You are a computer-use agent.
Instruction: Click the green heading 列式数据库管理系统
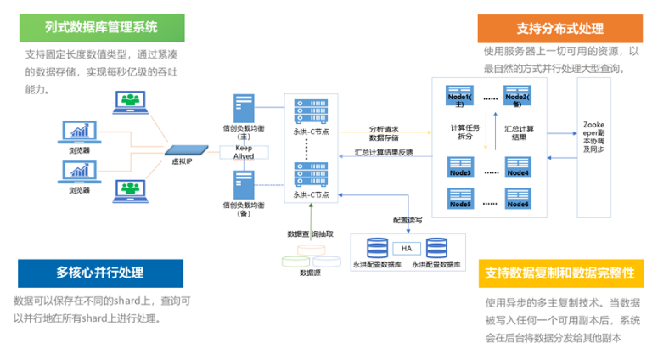pos(102,27)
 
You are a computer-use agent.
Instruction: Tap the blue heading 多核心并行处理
pos(99,273)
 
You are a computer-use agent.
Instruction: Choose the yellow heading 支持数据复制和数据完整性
pos(559,273)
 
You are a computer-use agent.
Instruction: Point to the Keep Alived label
pos(245,152)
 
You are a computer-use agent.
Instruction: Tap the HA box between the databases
pos(407,248)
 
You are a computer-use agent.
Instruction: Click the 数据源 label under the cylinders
pos(309,273)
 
